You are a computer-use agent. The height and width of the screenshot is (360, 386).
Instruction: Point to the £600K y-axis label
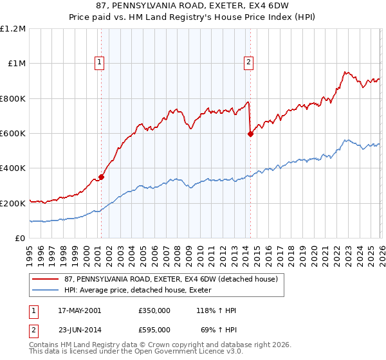click(13, 134)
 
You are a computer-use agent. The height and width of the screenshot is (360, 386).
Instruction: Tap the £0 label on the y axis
click(20, 239)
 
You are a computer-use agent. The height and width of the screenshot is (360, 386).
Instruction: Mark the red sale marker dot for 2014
click(250, 134)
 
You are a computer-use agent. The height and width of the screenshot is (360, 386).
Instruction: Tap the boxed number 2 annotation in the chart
click(248, 62)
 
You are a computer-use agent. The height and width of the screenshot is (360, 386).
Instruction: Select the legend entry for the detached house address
click(170, 279)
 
